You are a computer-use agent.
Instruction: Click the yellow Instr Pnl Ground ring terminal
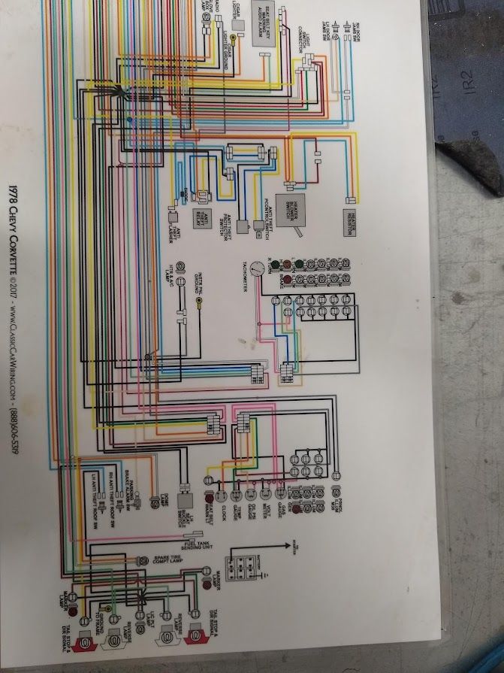pyautogui.click(x=199, y=303)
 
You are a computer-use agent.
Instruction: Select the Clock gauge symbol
pyautogui.click(x=222, y=497)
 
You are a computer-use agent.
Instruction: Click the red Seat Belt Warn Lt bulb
pyautogui.click(x=208, y=497)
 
